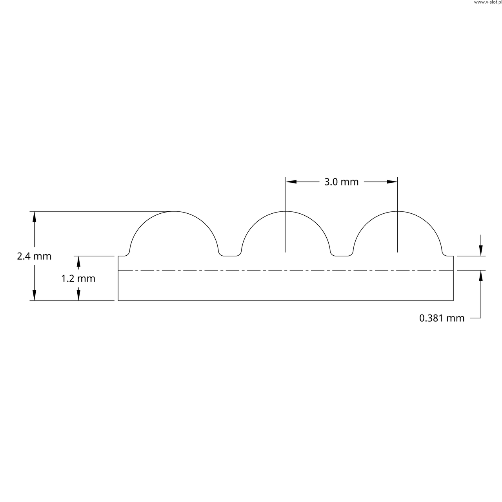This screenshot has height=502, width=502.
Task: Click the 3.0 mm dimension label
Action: click(341, 182)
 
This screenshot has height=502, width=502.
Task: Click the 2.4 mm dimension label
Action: click(34, 256)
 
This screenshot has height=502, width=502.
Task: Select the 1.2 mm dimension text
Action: click(78, 279)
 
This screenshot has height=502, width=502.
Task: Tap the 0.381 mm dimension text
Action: click(442, 318)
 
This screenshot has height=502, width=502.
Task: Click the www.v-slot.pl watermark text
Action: click(487, 2)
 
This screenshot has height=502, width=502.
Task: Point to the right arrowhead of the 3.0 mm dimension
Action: click(392, 182)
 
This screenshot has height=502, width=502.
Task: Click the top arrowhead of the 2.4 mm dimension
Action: click(35, 217)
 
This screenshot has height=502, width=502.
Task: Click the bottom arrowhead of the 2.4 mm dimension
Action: click(35, 295)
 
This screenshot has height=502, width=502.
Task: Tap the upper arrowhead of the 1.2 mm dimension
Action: click(78, 261)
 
